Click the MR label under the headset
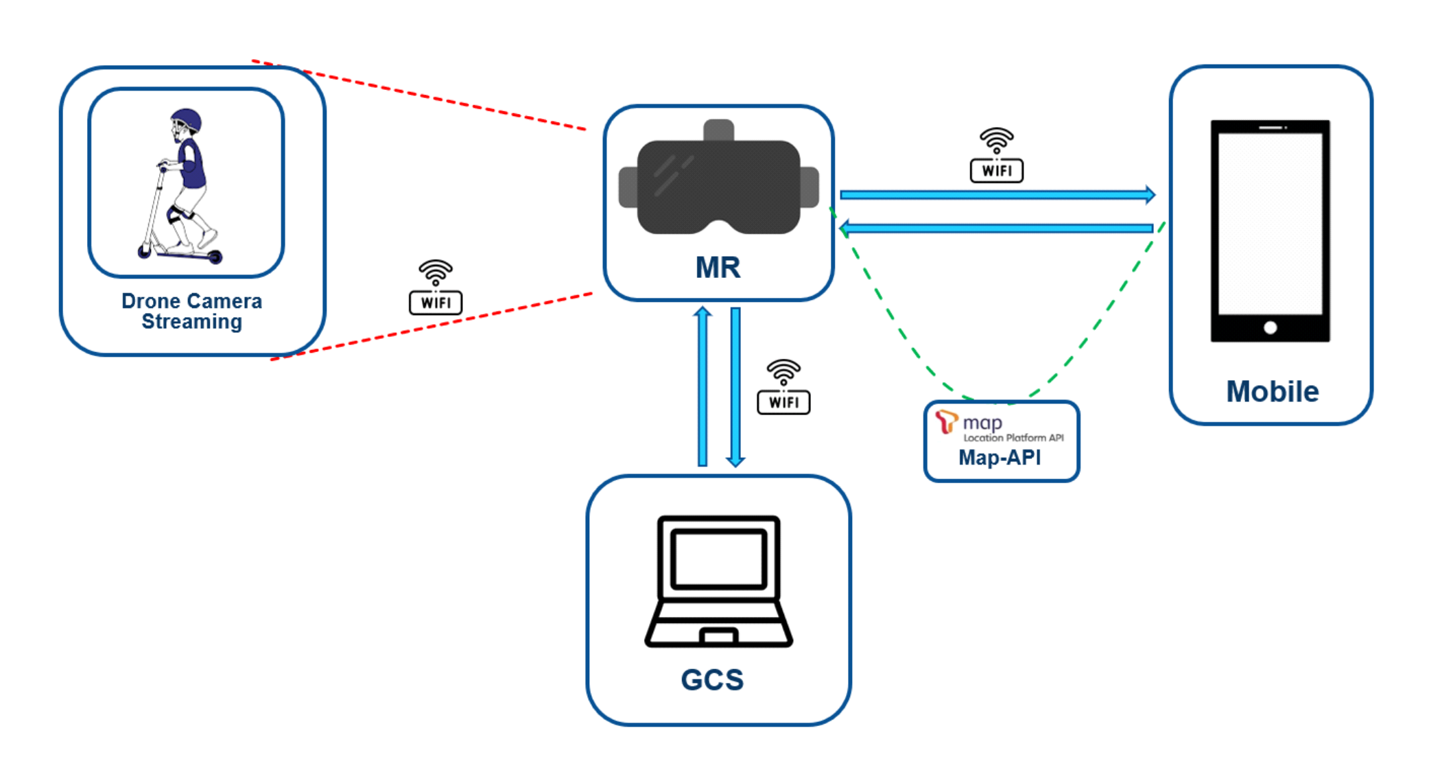point(718,267)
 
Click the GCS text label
point(712,679)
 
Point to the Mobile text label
point(1272,391)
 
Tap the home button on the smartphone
point(1270,327)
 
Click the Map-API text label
point(1000,458)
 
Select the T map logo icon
point(947,421)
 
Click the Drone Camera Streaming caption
point(191,311)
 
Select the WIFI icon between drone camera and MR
point(436,288)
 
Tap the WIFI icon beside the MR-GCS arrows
point(783,387)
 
